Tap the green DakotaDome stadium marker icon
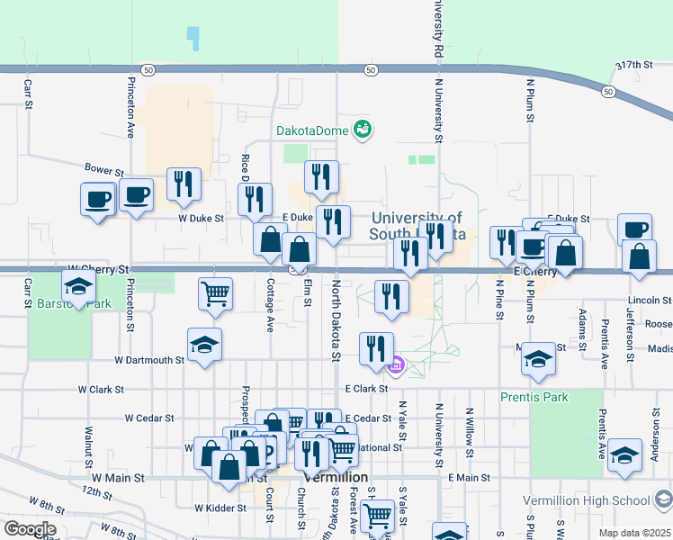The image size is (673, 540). pyautogui.click(x=363, y=130)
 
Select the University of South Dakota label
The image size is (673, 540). pyautogui.click(x=417, y=226)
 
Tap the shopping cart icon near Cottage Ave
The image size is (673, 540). pyautogui.click(x=216, y=293)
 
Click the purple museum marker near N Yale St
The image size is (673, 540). pyautogui.click(x=395, y=365)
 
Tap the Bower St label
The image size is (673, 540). pyautogui.click(x=103, y=169)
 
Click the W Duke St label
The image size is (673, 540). pyautogui.click(x=200, y=218)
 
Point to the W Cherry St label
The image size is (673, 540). pyautogui.click(x=99, y=268)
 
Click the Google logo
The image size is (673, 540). pyautogui.click(x=29, y=529)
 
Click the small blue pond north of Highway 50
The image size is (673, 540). pyautogui.click(x=192, y=37)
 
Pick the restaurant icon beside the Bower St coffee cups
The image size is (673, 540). pyautogui.click(x=184, y=184)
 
